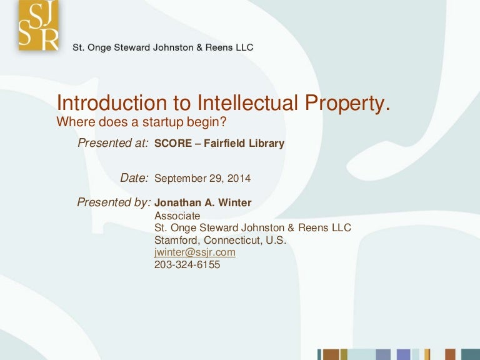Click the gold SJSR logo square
pos(38,26)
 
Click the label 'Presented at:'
pos(112,143)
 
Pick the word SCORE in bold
pos(172,144)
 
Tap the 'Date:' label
pos(134,178)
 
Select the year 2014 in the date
pos(239,179)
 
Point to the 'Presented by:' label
pos(114,202)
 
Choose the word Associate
pos(177,216)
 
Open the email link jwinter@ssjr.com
pos(194,252)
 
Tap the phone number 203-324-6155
pos(187,264)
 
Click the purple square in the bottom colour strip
pos(403,354)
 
